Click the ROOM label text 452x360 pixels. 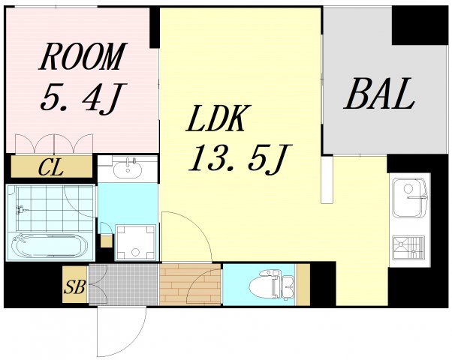[x=82, y=57]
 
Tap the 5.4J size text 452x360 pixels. [x=82, y=96]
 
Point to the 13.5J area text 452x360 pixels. [x=239, y=157]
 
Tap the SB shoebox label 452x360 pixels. [x=74, y=286]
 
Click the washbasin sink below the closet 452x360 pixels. [x=128, y=168]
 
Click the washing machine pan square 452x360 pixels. [x=135, y=241]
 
